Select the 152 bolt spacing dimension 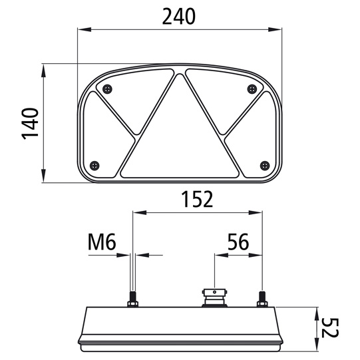[197, 198]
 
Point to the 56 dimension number [238, 242]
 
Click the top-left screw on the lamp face [109, 89]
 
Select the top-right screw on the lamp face [250, 89]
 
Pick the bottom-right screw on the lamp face [265, 164]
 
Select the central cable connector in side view [212, 297]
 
